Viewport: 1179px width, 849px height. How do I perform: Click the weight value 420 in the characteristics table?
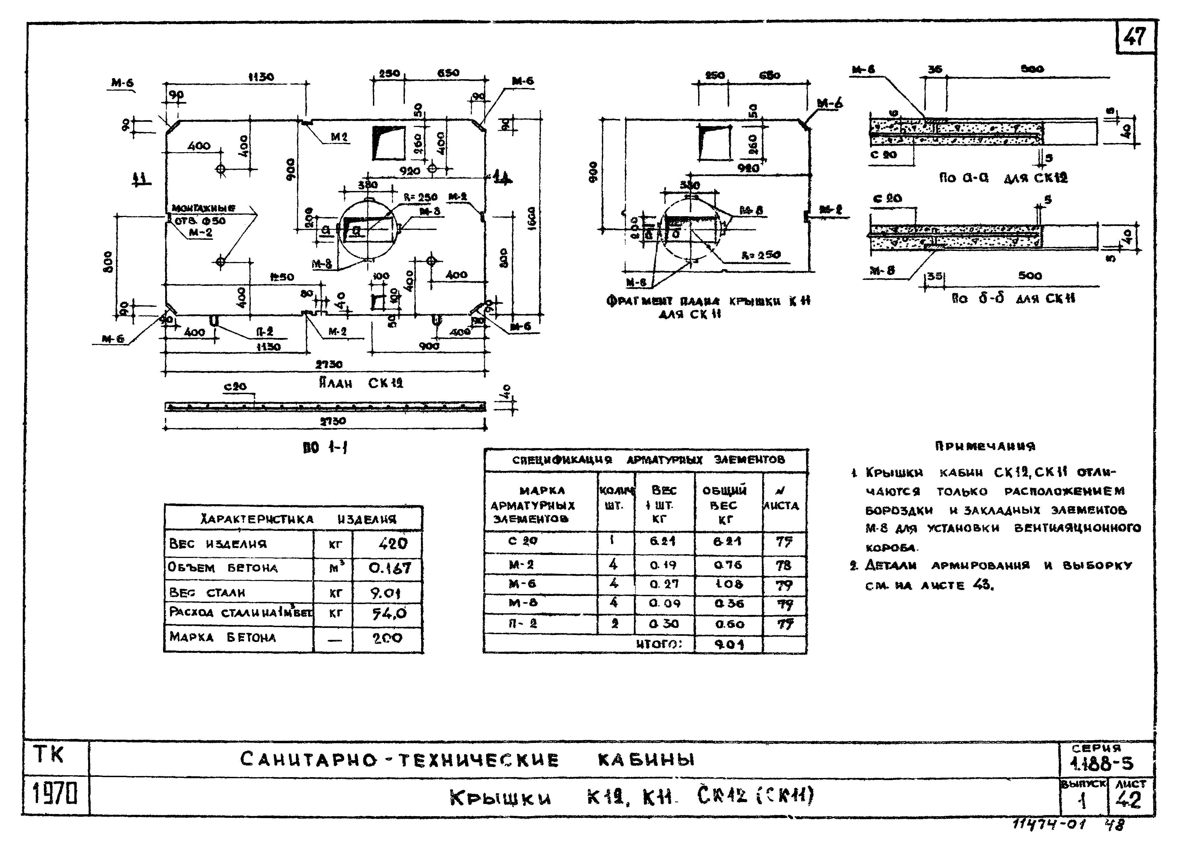pos(393,544)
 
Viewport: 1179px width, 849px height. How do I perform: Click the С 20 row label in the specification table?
pos(522,541)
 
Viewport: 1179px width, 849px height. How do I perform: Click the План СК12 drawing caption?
pos(361,383)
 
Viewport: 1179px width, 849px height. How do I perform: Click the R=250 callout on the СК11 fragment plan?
pos(761,255)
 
